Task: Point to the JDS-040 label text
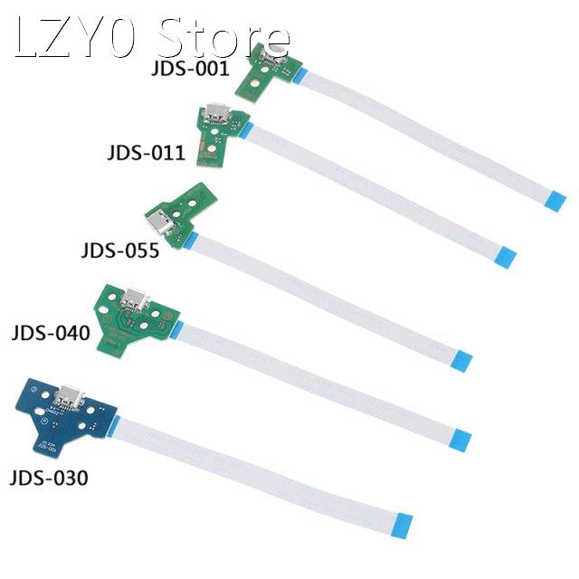pyautogui.click(x=51, y=333)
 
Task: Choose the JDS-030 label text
pyautogui.click(x=49, y=478)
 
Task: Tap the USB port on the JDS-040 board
pyautogui.click(x=136, y=297)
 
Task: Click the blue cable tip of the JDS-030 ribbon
pyautogui.click(x=403, y=522)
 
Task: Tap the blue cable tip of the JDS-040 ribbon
pyautogui.click(x=460, y=441)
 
